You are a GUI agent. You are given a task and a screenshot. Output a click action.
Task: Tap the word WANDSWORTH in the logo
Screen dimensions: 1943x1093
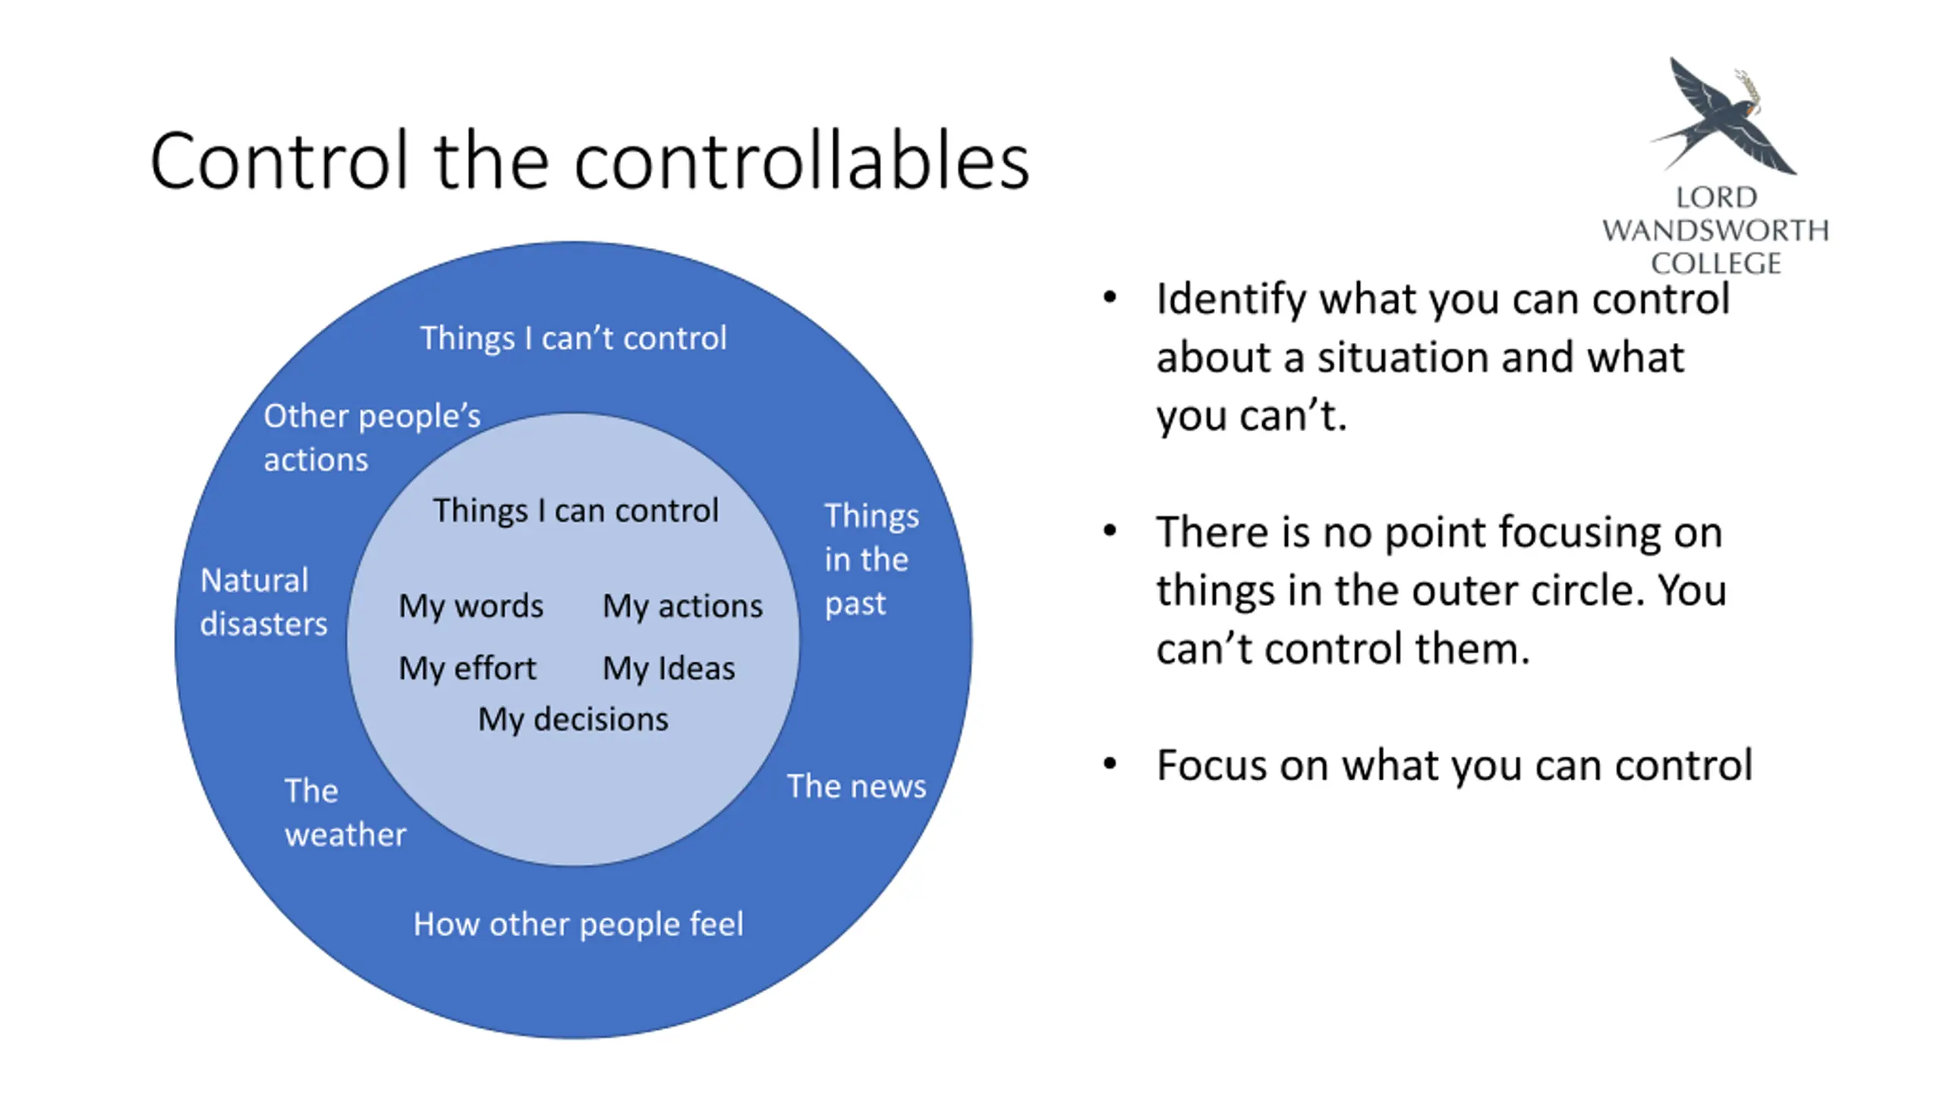[1715, 230]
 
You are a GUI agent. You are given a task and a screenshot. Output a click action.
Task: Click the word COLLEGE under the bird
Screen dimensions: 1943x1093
[1715, 263]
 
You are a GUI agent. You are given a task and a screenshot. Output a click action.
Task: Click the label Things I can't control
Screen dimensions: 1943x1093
[573, 339]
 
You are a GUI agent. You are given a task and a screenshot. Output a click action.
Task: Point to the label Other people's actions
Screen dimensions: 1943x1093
[371, 437]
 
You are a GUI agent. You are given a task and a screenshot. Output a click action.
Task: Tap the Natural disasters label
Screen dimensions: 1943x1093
[263, 602]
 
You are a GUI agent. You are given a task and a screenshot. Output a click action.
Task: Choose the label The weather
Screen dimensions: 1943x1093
[345, 812]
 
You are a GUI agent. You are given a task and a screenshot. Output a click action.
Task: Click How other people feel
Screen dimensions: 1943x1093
[578, 924]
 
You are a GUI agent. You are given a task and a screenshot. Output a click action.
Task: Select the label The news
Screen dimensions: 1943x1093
[856, 786]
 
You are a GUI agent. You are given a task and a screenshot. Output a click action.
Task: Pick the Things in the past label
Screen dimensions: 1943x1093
[871, 559]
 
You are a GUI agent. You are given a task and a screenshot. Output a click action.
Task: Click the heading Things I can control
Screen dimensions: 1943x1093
[575, 511]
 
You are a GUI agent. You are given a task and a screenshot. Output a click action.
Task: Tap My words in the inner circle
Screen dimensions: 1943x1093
[471, 606]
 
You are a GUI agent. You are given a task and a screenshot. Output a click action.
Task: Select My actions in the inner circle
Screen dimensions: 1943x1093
[682, 606]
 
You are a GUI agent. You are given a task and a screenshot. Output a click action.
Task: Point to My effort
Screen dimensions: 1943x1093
[468, 669]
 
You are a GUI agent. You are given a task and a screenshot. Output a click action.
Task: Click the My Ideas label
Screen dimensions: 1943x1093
[669, 669]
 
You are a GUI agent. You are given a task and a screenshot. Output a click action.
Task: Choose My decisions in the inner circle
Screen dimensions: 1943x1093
[573, 720]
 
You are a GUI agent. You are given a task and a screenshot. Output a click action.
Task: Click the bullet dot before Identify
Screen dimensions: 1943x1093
[1110, 298]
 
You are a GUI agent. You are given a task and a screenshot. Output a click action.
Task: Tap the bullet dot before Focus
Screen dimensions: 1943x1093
[1110, 764]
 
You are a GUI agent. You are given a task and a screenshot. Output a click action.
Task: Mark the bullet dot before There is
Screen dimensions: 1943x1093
[1110, 531]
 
